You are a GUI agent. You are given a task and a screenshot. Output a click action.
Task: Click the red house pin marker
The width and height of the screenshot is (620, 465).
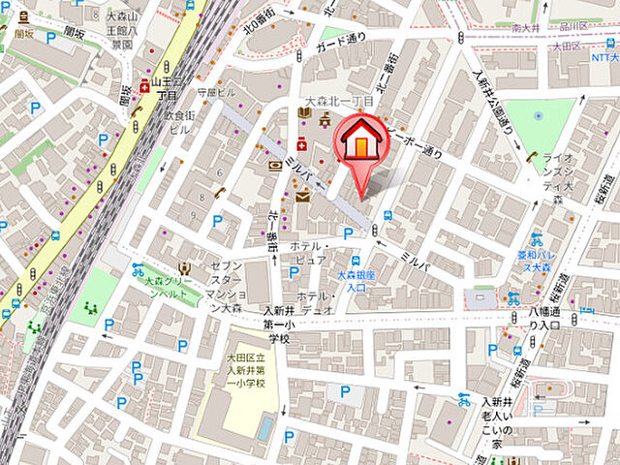(x=359, y=146)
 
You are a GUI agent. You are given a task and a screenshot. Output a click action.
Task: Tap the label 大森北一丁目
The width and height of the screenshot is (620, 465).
(x=339, y=101)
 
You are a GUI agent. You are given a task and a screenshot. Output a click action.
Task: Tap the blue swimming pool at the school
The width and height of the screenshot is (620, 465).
(x=263, y=427)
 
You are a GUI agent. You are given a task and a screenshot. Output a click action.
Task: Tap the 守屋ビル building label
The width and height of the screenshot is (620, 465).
(x=217, y=93)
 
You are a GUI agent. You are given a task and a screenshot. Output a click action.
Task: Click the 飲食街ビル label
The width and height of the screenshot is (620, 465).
(x=180, y=120)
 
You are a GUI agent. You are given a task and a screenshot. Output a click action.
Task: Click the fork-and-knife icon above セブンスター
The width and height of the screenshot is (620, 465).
(x=182, y=267)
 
